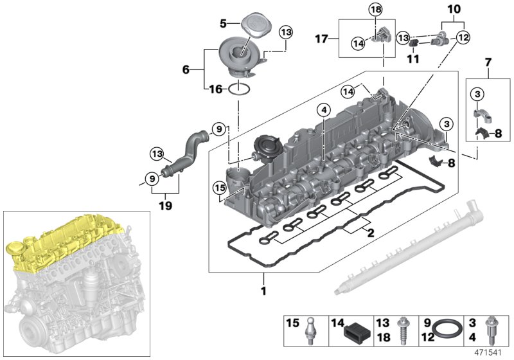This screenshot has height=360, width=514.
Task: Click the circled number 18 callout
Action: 375,9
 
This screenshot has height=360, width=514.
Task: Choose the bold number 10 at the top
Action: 454,9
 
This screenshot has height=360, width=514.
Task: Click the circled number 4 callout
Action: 324,111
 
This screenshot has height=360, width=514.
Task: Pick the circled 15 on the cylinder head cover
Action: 220,188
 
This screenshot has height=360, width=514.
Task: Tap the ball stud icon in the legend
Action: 312,329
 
